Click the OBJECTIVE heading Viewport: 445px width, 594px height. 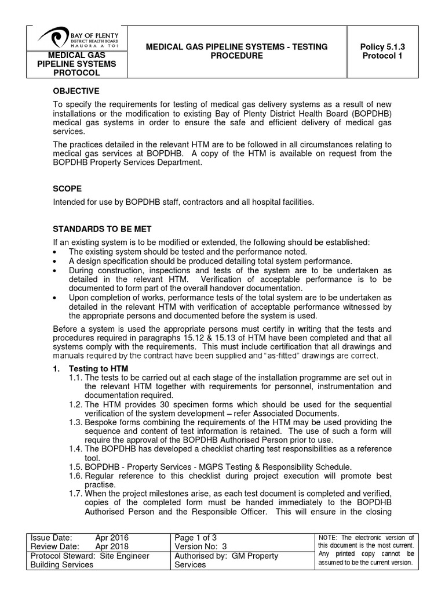[77, 92]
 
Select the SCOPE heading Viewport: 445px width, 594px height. [68, 189]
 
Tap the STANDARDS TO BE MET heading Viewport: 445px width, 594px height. [103, 230]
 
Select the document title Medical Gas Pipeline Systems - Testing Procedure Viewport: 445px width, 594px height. [236, 51]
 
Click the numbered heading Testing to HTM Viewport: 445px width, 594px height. [99, 369]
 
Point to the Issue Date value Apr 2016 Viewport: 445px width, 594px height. [112, 538]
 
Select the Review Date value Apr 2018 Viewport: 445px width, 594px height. [112, 546]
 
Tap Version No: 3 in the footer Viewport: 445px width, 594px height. [201, 546]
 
